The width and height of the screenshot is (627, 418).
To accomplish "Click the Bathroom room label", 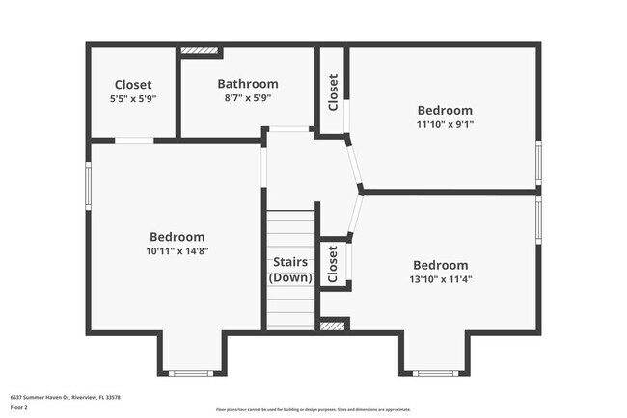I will pos(247,84).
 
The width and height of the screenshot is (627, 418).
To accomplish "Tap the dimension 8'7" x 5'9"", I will pos(247,97).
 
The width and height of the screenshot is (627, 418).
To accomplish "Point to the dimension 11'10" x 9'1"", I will pos(444,123).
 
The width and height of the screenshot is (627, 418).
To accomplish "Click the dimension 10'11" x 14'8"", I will pos(177,251).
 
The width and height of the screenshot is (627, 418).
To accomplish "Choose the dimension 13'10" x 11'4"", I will pos(440,279).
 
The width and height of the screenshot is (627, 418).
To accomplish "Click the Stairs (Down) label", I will pos(290,269).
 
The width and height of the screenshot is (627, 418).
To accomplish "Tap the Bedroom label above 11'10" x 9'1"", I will pos(444,110).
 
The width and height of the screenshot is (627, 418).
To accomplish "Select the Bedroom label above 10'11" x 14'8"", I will pos(177,237).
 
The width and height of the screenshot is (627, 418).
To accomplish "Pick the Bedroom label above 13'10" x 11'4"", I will pos(440,265).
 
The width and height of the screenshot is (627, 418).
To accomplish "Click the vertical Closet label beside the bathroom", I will pos(333,92).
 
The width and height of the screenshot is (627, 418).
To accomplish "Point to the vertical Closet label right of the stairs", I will pos(333,262).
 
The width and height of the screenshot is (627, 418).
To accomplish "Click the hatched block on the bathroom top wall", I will pos(200,49).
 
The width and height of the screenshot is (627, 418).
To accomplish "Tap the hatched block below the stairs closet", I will pos(333,327).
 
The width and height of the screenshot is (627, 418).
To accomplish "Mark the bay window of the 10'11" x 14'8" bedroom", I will pos(189,373).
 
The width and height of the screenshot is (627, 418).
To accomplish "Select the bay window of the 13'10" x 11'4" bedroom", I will pos(435,373).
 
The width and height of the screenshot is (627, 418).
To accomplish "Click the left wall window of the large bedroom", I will pos(89,183).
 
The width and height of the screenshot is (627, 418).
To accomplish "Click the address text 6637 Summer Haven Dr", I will pos(65,396).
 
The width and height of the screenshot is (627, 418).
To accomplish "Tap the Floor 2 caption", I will pos(19,407).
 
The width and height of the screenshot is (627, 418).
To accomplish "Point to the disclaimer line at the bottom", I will pos(313,410).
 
